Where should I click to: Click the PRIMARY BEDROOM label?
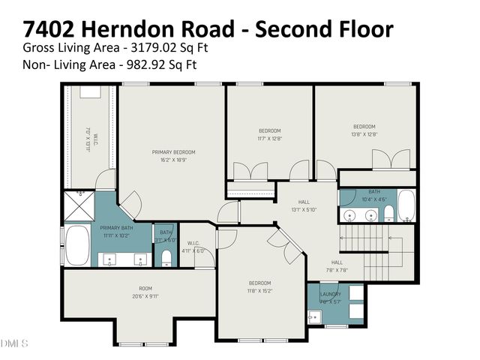168,151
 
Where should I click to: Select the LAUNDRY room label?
330,294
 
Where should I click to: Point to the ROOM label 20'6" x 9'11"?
145,288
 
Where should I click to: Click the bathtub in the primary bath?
77,241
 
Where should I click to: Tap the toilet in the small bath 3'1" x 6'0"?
166,257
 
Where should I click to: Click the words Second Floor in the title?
325,30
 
